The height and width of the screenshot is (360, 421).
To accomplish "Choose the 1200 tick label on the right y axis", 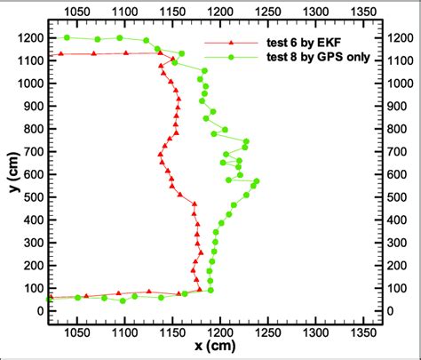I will pos(400,38).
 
